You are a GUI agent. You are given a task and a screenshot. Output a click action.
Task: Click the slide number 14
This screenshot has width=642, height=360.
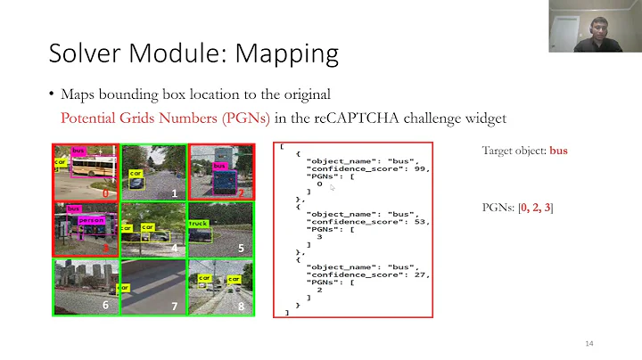(589, 345)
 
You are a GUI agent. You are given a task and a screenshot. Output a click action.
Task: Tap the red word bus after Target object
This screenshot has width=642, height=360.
(558, 151)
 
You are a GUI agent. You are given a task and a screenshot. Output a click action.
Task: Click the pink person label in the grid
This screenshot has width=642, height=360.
(92, 220)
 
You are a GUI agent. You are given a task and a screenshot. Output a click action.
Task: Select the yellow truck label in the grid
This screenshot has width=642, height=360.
(198, 224)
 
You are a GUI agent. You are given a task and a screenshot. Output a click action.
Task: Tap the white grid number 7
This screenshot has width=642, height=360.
(175, 307)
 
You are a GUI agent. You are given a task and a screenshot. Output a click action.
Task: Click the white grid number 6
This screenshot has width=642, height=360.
(105, 306)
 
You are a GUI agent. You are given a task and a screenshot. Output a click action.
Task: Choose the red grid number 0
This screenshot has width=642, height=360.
(105, 192)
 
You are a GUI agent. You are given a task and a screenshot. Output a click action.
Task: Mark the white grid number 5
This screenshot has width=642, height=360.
(241, 249)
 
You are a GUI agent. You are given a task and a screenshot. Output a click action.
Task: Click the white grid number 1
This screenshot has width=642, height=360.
(175, 192)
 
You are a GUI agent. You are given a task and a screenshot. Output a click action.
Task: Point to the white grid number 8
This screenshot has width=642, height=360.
(242, 307)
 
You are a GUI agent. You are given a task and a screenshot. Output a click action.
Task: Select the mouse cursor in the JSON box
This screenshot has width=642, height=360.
(332, 188)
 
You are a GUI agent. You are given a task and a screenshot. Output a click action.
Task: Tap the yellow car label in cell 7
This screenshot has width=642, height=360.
(125, 288)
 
